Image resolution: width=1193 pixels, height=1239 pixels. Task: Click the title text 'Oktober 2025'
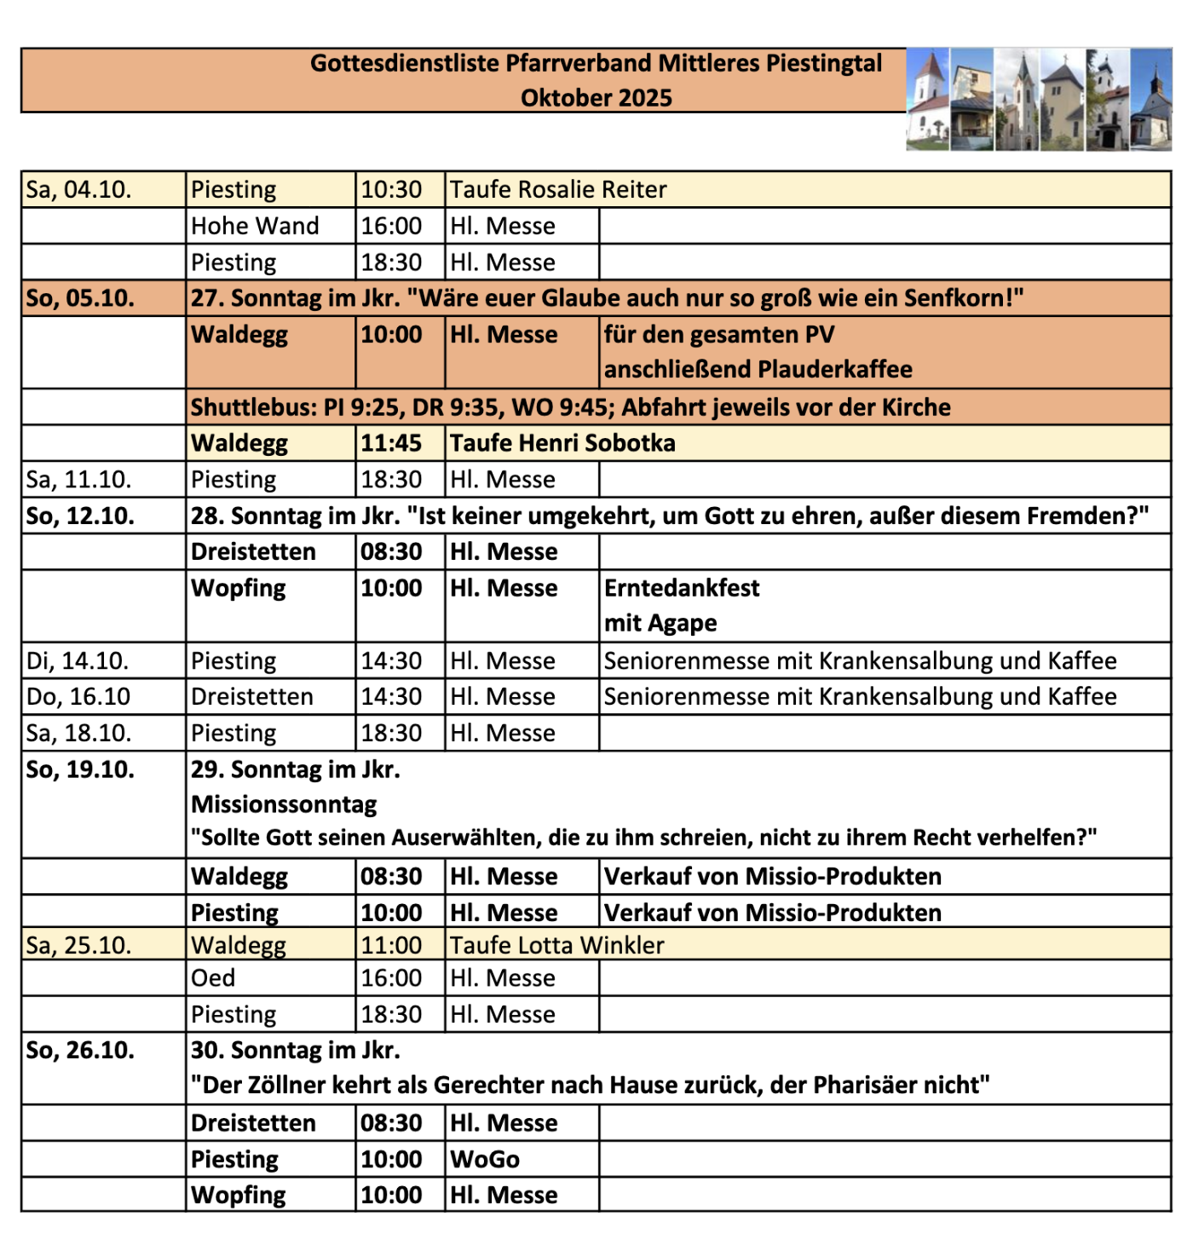[596, 98]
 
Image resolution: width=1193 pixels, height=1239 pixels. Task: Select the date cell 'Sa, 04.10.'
[79, 189]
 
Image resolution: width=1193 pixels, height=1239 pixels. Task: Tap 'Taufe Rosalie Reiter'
[558, 189]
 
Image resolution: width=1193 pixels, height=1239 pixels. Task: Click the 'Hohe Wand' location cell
[255, 226]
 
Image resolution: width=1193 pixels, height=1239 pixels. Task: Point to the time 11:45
[391, 443]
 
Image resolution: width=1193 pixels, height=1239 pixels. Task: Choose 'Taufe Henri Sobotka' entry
[562, 443]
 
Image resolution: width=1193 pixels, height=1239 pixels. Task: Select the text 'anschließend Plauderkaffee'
[758, 369]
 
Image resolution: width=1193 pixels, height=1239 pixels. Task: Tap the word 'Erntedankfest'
[682, 588]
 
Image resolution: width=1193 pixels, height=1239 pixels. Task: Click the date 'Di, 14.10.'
[78, 660]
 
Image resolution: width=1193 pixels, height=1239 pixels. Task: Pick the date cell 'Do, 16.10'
[78, 697]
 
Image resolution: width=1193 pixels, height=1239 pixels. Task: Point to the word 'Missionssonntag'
[284, 804]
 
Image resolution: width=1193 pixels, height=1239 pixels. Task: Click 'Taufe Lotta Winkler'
[557, 945]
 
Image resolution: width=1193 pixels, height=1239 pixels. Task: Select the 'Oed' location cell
[213, 978]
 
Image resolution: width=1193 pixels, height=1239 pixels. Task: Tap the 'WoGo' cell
[485, 1160]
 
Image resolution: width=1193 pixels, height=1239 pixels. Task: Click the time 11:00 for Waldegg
[391, 945]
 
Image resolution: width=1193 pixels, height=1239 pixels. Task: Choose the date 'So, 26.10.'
[80, 1050]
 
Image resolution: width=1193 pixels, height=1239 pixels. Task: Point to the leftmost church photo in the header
[927, 101]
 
